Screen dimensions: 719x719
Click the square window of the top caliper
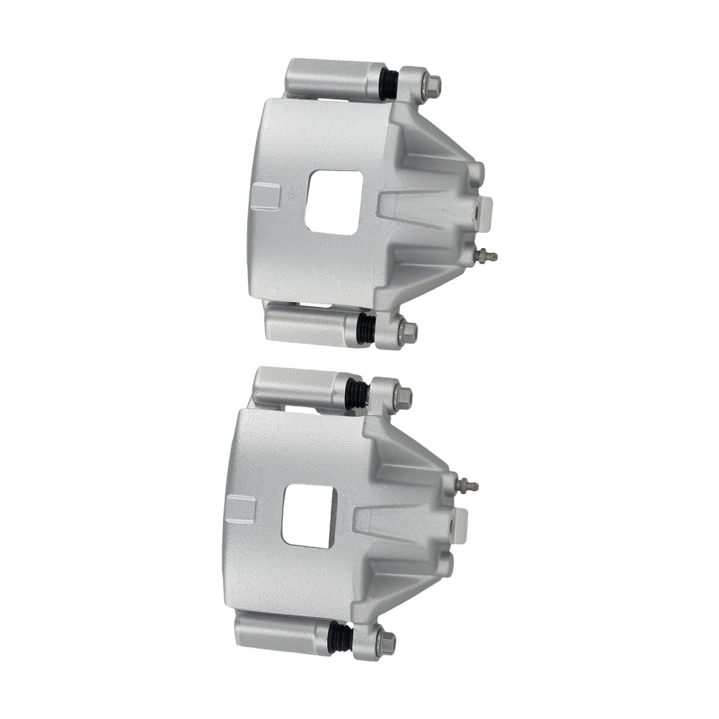point(331,201)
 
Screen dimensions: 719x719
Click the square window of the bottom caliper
point(309,515)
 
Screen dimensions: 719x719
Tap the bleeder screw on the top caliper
point(489,255)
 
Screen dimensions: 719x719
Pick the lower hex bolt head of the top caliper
point(408,331)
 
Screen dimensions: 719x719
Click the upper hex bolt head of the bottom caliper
point(403,396)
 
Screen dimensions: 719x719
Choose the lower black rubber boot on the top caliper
point(366,329)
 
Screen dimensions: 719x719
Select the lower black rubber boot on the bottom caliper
point(339,637)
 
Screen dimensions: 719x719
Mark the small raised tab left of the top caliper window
point(266,196)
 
